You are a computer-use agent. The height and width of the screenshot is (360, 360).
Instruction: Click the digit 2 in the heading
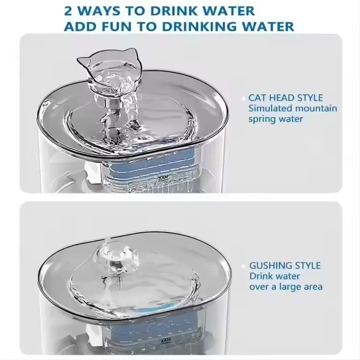[68, 11]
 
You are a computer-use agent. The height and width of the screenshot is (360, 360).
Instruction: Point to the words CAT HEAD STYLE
[286, 98]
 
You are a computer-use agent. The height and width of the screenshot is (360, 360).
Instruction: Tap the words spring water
[276, 119]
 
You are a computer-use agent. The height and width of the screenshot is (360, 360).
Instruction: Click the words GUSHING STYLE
[285, 265]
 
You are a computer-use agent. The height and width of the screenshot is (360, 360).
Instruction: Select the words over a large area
[286, 287]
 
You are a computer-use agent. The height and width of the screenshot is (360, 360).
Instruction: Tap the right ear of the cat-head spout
[132, 52]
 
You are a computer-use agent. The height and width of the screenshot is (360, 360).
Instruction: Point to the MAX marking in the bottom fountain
[165, 340]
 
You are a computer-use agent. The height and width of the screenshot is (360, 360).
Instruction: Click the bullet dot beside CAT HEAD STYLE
[243, 98]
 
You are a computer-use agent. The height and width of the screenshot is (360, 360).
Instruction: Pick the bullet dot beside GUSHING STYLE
[244, 266]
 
